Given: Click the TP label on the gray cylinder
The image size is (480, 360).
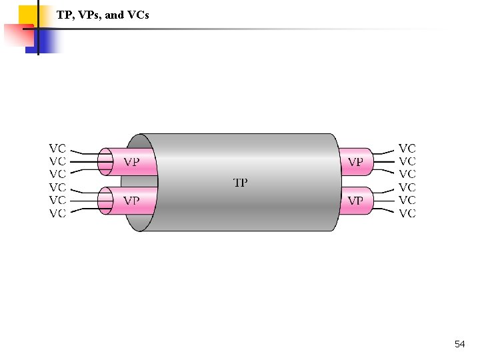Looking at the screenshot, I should [x=241, y=182].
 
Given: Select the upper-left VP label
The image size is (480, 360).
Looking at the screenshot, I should [x=132, y=162].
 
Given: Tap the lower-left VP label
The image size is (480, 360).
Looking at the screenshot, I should [x=132, y=201].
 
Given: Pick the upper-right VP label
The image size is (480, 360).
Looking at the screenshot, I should [x=355, y=162].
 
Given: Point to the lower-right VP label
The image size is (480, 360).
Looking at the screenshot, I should [x=355, y=201].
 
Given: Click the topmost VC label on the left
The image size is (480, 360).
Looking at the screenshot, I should [x=58, y=148].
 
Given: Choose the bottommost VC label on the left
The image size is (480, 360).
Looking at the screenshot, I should [x=58, y=213].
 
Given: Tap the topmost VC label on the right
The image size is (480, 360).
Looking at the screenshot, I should [x=407, y=148].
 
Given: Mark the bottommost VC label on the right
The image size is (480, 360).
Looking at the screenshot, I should [x=407, y=213].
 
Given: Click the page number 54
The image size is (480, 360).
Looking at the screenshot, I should [x=459, y=344].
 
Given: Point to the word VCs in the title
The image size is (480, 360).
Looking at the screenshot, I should [x=137, y=14].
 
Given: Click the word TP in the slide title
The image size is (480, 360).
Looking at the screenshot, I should [x=65, y=14].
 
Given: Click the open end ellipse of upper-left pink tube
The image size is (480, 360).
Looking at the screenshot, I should [x=105, y=161].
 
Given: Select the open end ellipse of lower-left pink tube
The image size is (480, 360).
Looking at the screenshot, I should [x=105, y=200].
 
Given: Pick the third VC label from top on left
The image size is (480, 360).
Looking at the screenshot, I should [x=58, y=174].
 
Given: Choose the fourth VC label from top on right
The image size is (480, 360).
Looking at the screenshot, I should [x=407, y=187].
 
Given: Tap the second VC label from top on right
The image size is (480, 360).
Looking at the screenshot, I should [x=407, y=161].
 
